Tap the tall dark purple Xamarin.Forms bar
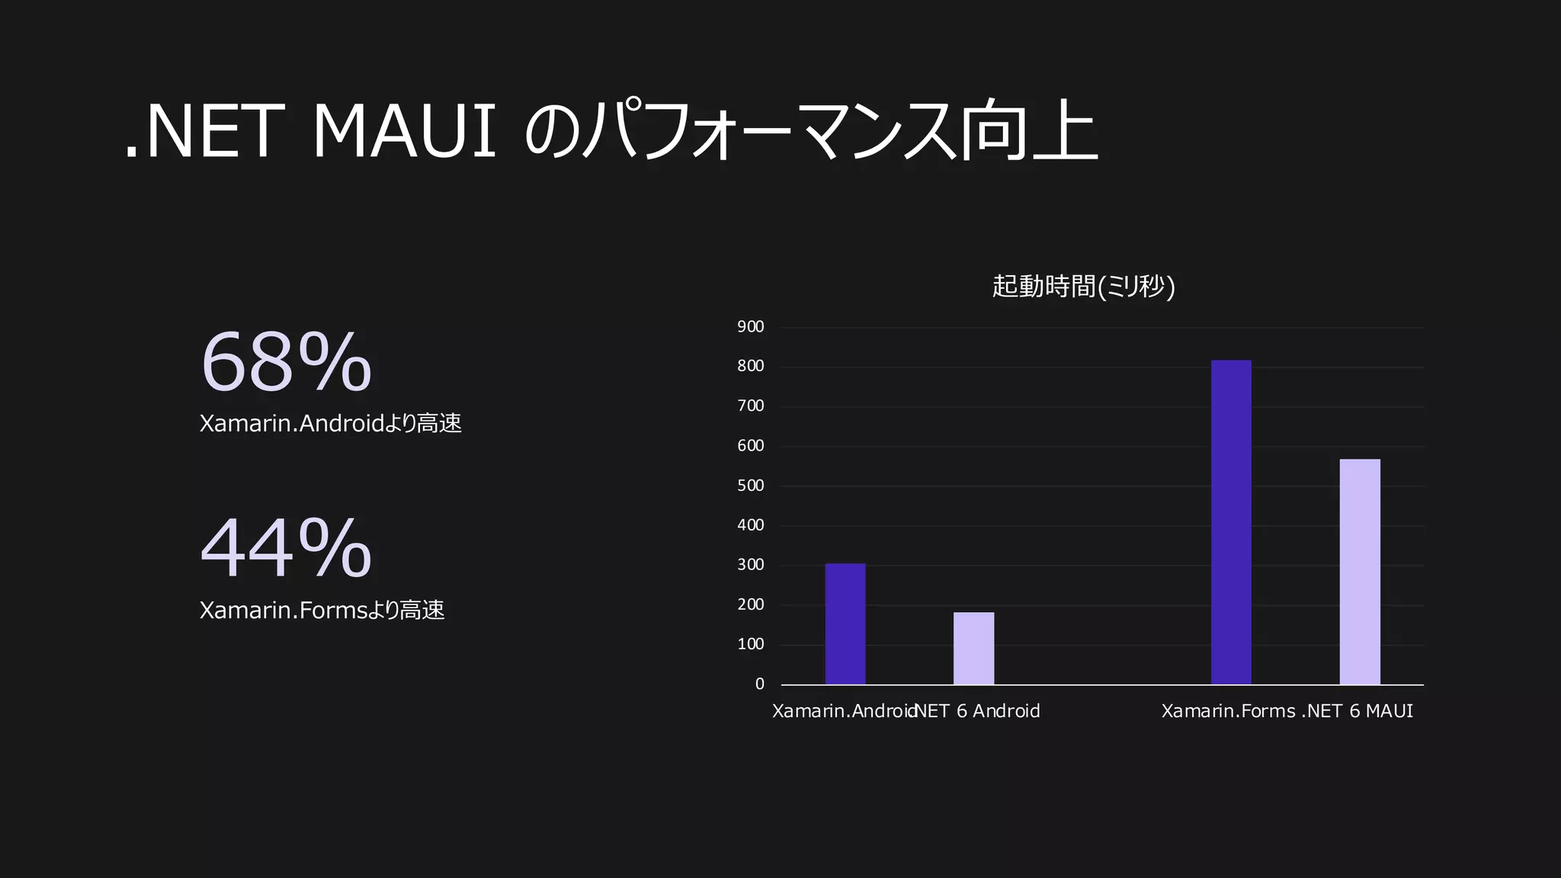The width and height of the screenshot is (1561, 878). click(1231, 522)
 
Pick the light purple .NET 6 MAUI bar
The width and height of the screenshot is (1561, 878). click(1360, 572)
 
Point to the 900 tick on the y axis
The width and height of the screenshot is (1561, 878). click(750, 327)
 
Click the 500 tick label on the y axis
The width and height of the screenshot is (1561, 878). click(750, 485)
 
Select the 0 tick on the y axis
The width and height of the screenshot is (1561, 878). click(759, 684)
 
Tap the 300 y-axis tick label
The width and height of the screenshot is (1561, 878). click(750, 565)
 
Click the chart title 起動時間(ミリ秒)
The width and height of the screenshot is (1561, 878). click(1083, 287)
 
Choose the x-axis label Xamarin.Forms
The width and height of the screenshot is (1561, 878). click(1228, 711)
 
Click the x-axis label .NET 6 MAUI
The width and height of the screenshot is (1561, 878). click(1357, 711)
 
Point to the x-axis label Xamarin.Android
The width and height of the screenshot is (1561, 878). click(843, 711)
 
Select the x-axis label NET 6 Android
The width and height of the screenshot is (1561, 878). click(977, 711)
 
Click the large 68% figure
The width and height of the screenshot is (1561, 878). click(286, 362)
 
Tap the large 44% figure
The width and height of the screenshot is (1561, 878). click(286, 548)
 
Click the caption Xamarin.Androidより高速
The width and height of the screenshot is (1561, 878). click(330, 424)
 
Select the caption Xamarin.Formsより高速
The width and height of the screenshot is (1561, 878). click(322, 610)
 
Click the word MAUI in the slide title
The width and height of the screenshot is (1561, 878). click(405, 133)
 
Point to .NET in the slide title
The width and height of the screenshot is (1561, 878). click(200, 133)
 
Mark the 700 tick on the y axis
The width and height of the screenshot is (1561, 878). click(750, 406)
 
